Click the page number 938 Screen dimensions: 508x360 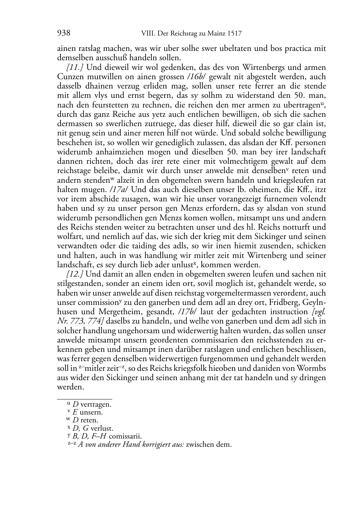63,34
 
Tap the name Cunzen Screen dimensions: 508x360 69,77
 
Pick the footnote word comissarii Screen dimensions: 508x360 125,436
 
